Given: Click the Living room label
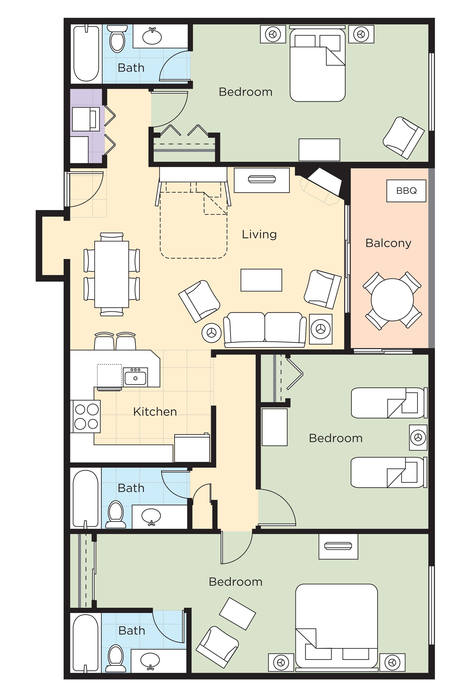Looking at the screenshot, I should [259, 234].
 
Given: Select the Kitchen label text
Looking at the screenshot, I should [155, 412].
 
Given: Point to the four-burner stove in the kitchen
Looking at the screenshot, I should [86, 416].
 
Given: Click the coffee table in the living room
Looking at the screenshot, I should [261, 280].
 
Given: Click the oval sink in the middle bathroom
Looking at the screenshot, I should [151, 516].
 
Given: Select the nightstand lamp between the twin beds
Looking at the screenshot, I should [418, 437].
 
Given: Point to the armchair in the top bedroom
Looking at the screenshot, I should [403, 138].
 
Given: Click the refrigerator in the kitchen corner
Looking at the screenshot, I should [192, 448].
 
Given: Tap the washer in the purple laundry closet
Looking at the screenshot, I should [86, 119].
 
